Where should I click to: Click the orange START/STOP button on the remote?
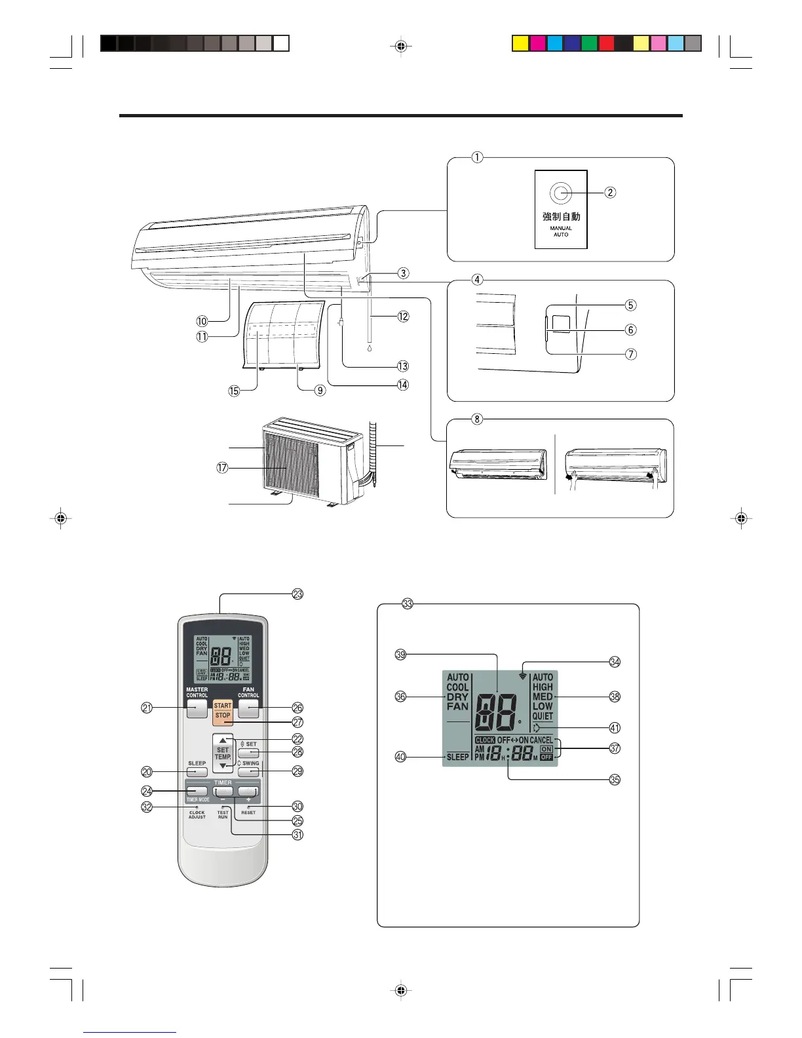[x=223, y=710]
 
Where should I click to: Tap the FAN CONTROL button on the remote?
[x=248, y=708]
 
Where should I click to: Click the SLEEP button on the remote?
[x=197, y=772]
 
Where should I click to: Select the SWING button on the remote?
[x=248, y=772]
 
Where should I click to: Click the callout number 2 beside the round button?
[x=610, y=192]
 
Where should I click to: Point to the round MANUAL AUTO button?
[x=560, y=193]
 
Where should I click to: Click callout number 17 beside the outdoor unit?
[x=222, y=468]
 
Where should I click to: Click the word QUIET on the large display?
[x=543, y=716]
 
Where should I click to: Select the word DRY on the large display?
[x=457, y=697]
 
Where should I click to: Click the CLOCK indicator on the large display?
[x=485, y=740]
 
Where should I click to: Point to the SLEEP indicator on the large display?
[x=457, y=757]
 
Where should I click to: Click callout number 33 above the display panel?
[x=408, y=604]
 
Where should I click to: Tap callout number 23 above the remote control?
[x=297, y=594]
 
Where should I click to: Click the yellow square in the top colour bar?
[x=520, y=44]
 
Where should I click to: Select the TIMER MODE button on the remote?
[x=197, y=791]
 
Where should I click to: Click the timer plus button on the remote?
[x=248, y=791]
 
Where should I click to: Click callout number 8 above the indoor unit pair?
[x=477, y=419]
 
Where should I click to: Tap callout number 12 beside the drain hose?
[x=403, y=317]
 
